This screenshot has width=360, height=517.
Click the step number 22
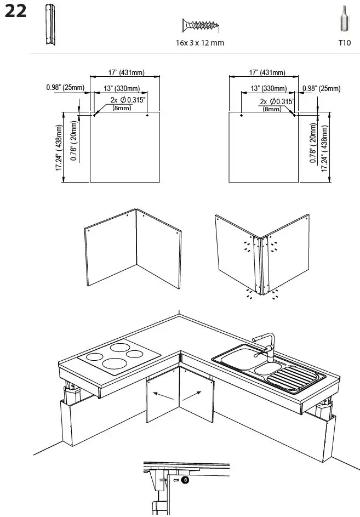(x=15, y=12)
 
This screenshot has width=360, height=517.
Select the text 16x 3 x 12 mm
(x=200, y=43)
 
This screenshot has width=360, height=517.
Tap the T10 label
(x=344, y=43)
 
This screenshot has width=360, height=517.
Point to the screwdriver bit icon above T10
(x=344, y=19)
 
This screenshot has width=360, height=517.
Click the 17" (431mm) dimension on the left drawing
(x=125, y=72)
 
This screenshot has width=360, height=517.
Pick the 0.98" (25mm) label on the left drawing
(x=65, y=88)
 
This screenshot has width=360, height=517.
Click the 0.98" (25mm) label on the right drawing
(x=321, y=89)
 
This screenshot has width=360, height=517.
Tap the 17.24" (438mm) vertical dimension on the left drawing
(x=58, y=147)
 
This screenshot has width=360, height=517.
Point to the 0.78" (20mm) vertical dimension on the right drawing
(x=313, y=143)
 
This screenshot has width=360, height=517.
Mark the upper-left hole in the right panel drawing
(x=242, y=116)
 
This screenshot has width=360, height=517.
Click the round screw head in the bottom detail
(x=185, y=480)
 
